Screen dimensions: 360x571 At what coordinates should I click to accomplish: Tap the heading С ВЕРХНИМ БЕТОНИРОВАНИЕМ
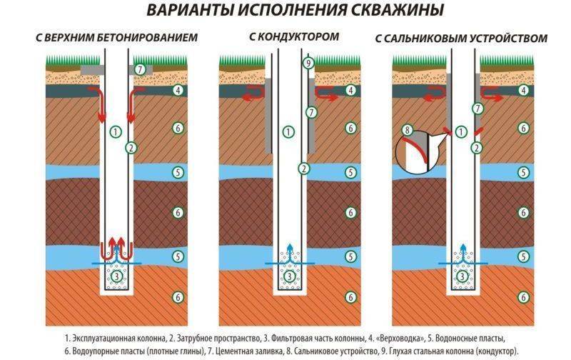tap(115, 37)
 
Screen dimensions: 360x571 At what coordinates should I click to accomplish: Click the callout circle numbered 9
tap(308, 64)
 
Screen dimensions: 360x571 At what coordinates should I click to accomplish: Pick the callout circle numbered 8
tap(408, 130)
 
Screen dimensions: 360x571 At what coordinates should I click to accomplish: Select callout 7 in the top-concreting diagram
tap(141, 69)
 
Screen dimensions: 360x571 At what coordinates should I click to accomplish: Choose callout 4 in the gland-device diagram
tap(524, 91)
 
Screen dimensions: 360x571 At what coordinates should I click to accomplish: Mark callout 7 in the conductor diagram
tap(310, 112)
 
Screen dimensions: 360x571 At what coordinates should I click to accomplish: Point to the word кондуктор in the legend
tap(493, 350)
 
